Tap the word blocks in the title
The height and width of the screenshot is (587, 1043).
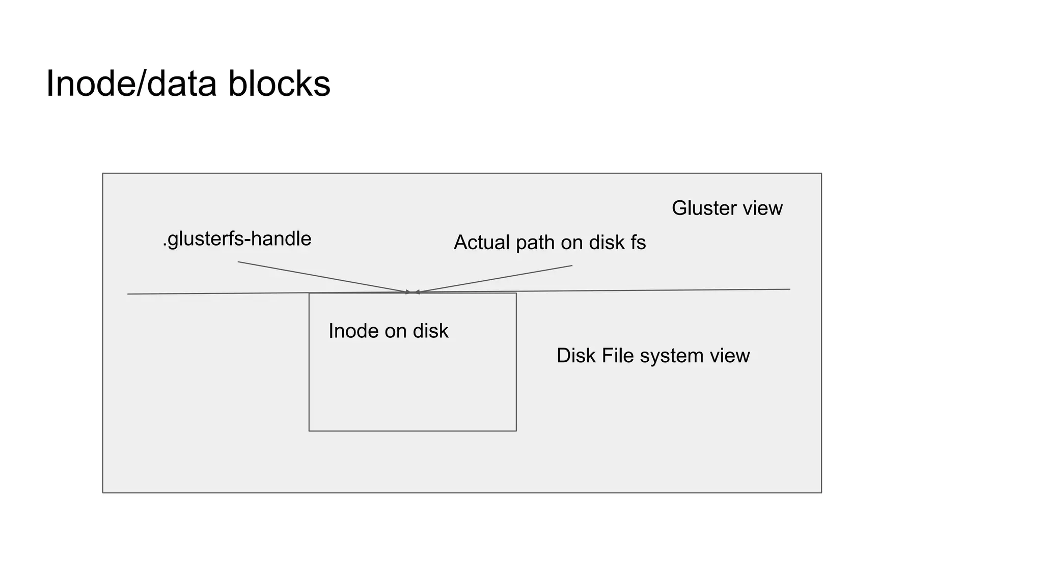[x=279, y=84]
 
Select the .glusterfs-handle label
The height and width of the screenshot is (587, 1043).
[x=237, y=239]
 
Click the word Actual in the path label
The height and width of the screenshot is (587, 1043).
[x=481, y=243]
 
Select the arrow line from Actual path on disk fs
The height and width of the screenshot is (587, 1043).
[x=494, y=279]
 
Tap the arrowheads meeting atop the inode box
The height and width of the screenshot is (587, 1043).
[x=413, y=292]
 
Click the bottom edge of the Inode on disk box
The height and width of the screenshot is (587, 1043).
[x=413, y=431]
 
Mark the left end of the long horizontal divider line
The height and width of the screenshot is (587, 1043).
[x=128, y=294]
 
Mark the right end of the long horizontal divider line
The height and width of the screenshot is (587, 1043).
[x=789, y=289]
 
